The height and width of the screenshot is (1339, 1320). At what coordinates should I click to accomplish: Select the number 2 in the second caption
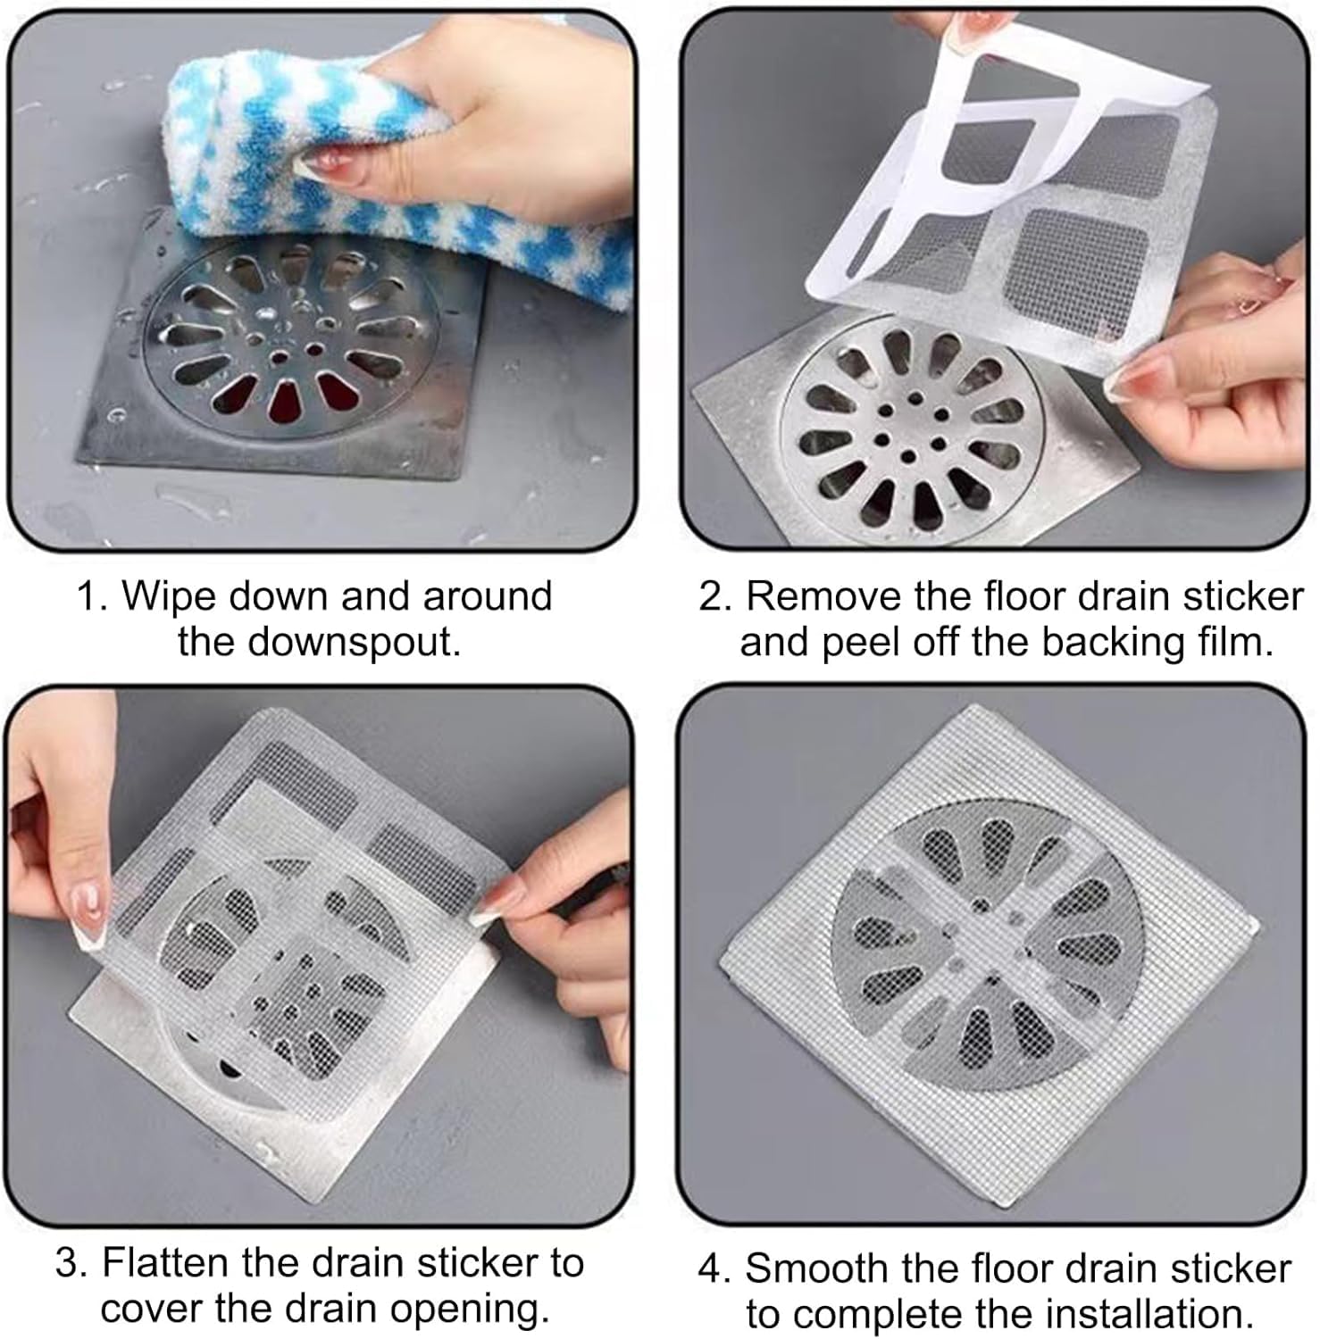(712, 596)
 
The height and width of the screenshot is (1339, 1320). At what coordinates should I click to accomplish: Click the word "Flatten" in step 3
(165, 1262)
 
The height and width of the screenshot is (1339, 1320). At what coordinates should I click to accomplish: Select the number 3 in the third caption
(68, 1263)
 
